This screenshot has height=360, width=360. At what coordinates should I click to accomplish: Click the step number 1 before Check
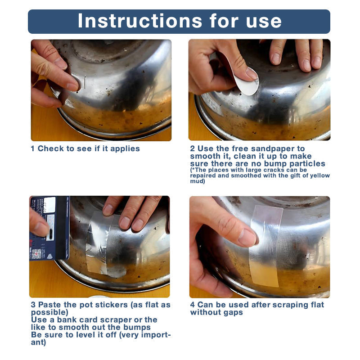coord(33,148)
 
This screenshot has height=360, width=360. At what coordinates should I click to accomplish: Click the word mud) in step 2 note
coord(198,181)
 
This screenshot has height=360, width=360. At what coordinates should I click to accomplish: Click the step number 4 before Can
coord(193,305)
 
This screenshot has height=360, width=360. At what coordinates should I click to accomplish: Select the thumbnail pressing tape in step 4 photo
coord(247,238)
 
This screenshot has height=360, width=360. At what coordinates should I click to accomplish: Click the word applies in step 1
coord(125,148)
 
